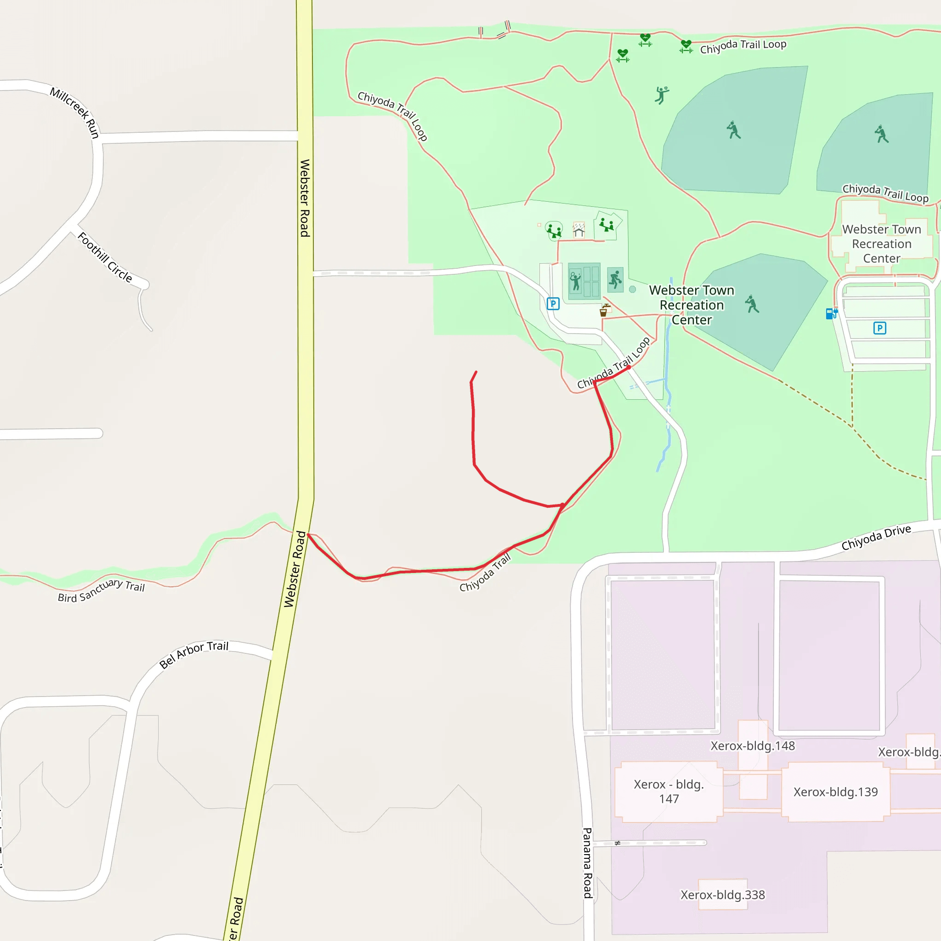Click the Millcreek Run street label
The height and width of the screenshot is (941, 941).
(75, 113)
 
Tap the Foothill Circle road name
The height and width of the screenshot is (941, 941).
(105, 257)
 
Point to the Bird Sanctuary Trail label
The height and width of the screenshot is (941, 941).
(101, 590)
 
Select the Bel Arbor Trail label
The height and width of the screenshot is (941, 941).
(194, 655)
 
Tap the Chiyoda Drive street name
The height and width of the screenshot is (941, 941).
(876, 538)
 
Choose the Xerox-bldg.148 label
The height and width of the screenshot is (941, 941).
(753, 746)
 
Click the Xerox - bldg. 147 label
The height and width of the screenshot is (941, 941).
(669, 792)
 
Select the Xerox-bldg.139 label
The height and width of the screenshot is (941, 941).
(835, 792)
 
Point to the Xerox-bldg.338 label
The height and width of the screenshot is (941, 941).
(722, 895)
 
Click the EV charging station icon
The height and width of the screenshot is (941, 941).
(831, 313)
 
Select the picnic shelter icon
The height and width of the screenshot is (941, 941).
(578, 229)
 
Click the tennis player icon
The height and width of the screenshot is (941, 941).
(575, 282)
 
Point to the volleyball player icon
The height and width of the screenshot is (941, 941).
(662, 95)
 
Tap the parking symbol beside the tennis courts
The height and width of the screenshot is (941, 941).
(553, 304)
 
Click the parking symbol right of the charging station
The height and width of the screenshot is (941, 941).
(879, 328)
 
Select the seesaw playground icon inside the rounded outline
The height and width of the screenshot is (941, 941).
(554, 230)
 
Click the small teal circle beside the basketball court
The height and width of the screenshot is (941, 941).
(632, 289)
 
